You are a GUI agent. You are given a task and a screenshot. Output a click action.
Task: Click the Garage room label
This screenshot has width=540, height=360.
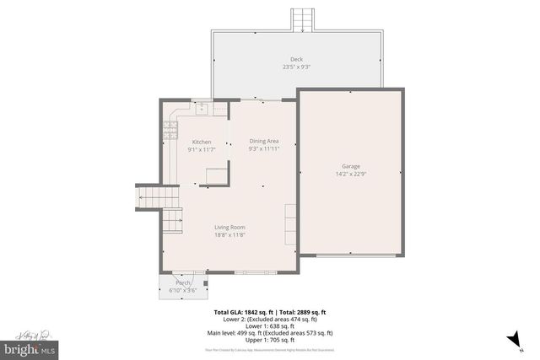[350, 166]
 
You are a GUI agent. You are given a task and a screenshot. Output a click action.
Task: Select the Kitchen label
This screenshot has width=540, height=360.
[201, 142]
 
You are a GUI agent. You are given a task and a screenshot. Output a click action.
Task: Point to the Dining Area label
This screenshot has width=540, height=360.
[264, 141]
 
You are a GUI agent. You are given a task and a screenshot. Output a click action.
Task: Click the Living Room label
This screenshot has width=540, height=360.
[229, 226]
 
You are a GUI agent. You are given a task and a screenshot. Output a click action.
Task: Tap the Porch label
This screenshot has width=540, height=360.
[182, 282]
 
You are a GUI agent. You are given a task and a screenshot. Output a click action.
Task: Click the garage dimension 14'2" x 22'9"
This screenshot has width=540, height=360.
[350, 174]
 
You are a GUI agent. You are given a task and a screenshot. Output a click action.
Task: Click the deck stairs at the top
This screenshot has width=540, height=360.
[302, 19]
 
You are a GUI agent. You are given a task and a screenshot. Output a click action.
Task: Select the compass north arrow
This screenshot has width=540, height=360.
[511, 338]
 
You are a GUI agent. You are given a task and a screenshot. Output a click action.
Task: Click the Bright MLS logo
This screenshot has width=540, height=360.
[30, 347]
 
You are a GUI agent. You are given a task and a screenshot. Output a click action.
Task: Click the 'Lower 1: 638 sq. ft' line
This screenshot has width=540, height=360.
[269, 325]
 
